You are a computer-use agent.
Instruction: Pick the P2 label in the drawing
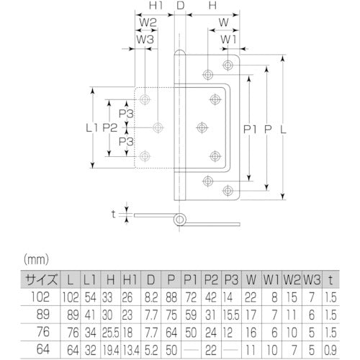109,127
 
